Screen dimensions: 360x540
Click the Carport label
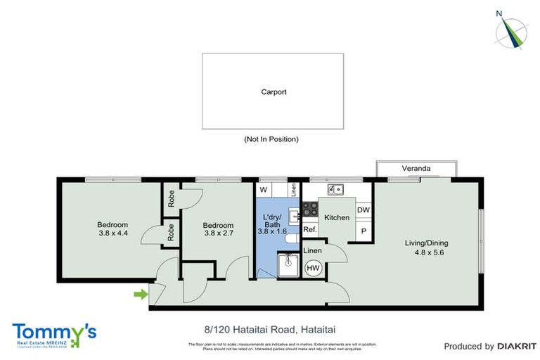coord(274,91)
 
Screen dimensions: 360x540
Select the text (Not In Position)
coord(271,139)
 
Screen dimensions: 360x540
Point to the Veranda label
coord(416,169)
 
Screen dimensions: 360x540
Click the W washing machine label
coord(263,190)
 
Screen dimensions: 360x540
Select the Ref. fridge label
coord(309,230)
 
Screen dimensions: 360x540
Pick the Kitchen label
coord(337,218)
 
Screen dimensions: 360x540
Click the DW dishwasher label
coord(363,210)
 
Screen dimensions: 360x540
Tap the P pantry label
coord(364,231)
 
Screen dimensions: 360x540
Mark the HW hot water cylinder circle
coord(313,268)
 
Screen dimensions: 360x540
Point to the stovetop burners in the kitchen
coord(309,210)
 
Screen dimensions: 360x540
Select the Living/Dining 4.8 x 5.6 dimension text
coord(424,248)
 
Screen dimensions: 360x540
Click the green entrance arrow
coord(141,293)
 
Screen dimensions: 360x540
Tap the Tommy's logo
coord(54,334)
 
